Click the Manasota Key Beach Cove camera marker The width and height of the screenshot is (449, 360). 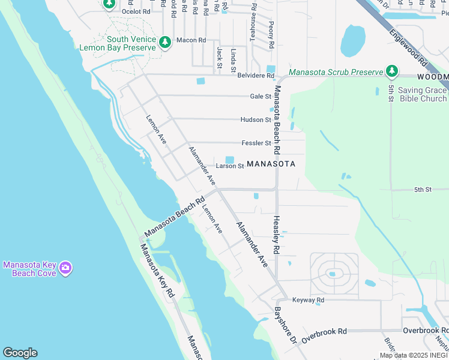click(x=65, y=268)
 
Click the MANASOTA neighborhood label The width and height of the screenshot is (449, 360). click(x=271, y=164)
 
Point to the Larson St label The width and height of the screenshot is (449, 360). click(x=229, y=166)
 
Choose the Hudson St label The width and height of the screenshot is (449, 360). click(x=256, y=119)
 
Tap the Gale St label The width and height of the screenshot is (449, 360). click(x=261, y=96)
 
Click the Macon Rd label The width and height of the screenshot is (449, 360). click(x=191, y=40)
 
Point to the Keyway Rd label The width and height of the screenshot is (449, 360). click(x=308, y=299)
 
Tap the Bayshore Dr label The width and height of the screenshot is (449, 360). click(x=285, y=325)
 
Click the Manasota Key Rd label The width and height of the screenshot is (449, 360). click(x=157, y=271)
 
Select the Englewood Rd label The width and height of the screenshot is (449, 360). click(x=408, y=49)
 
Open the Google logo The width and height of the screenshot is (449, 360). click(x=20, y=353)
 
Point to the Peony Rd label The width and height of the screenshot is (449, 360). click(x=271, y=35)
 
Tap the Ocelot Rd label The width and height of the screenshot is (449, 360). click(x=136, y=11)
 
